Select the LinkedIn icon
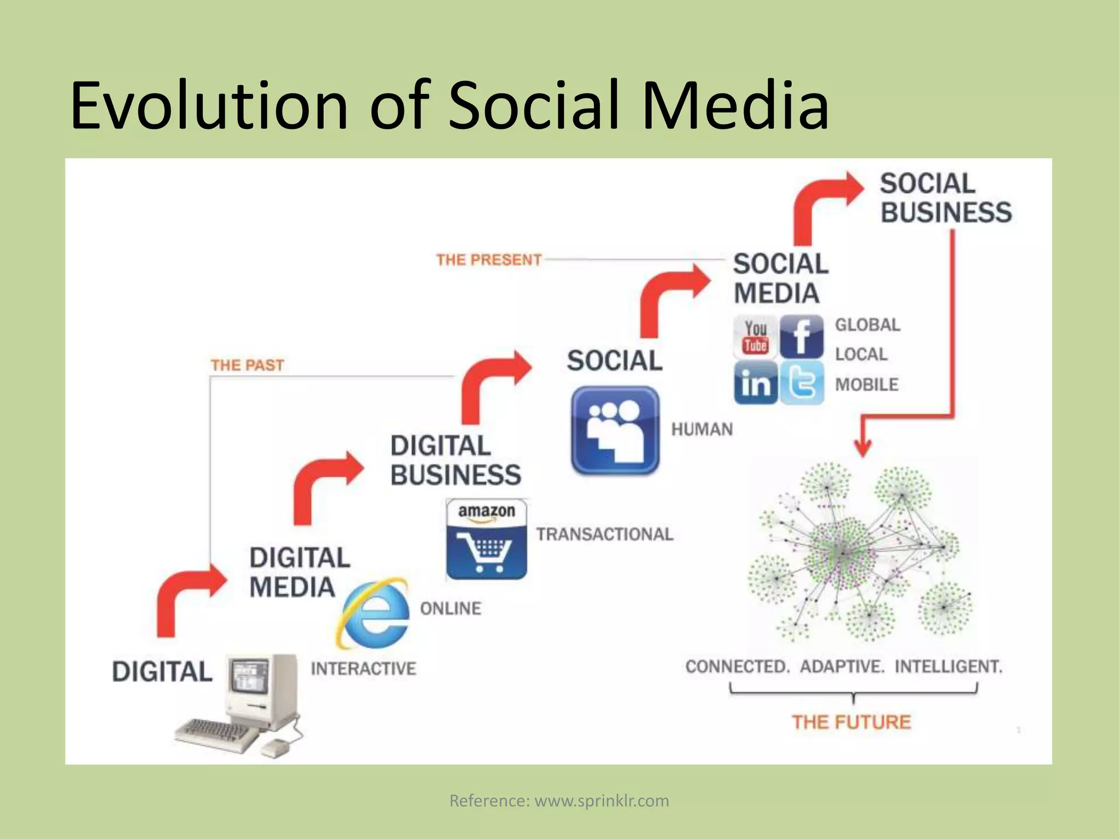pos(755,383)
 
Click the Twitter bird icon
pos(802,383)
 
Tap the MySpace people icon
pos(615,430)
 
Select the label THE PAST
pos(248,365)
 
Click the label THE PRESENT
pos(488,259)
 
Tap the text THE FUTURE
pos(851,722)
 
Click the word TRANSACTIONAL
pos(604,534)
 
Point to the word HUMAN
pos(702,429)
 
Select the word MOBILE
pos(867,385)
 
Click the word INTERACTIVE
pos(363,669)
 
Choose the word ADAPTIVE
pos(842,667)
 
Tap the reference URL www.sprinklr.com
pos(602,801)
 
